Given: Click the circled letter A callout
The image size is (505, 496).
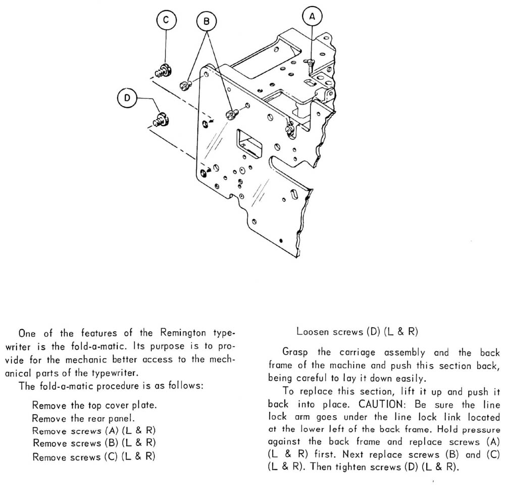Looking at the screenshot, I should [x=312, y=17].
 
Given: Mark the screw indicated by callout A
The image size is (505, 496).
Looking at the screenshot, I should [x=311, y=63].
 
